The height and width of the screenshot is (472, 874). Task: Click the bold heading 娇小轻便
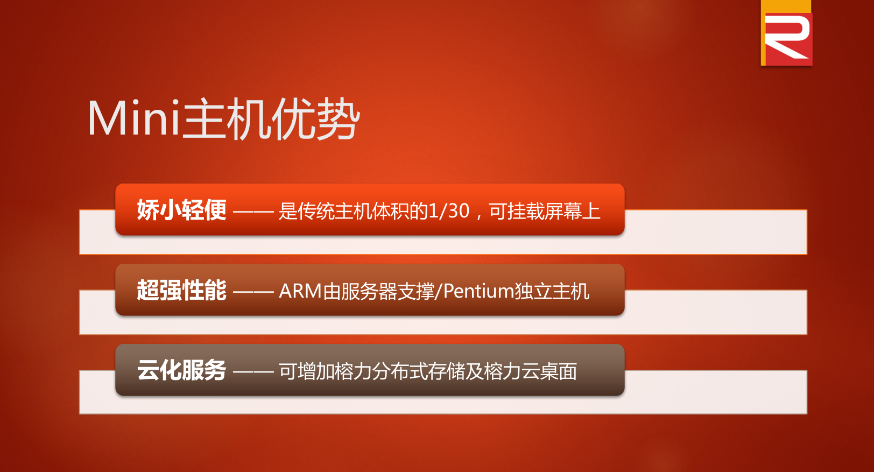pos(181,210)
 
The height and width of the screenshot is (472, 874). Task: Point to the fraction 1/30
pos(449,211)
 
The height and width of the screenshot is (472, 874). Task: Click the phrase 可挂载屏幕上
pos(544,211)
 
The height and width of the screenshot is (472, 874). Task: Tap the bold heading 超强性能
pos(181,290)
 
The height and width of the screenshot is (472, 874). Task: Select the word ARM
pos(300,291)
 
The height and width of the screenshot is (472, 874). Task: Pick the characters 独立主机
pos(552,291)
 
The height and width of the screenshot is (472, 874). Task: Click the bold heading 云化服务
pos(181,370)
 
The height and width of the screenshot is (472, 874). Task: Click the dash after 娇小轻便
pos(253,212)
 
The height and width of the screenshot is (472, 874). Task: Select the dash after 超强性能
pos(253,292)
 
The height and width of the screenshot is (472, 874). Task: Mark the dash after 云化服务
pos(253,372)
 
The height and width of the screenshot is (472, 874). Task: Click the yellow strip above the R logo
pos(786,6)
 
